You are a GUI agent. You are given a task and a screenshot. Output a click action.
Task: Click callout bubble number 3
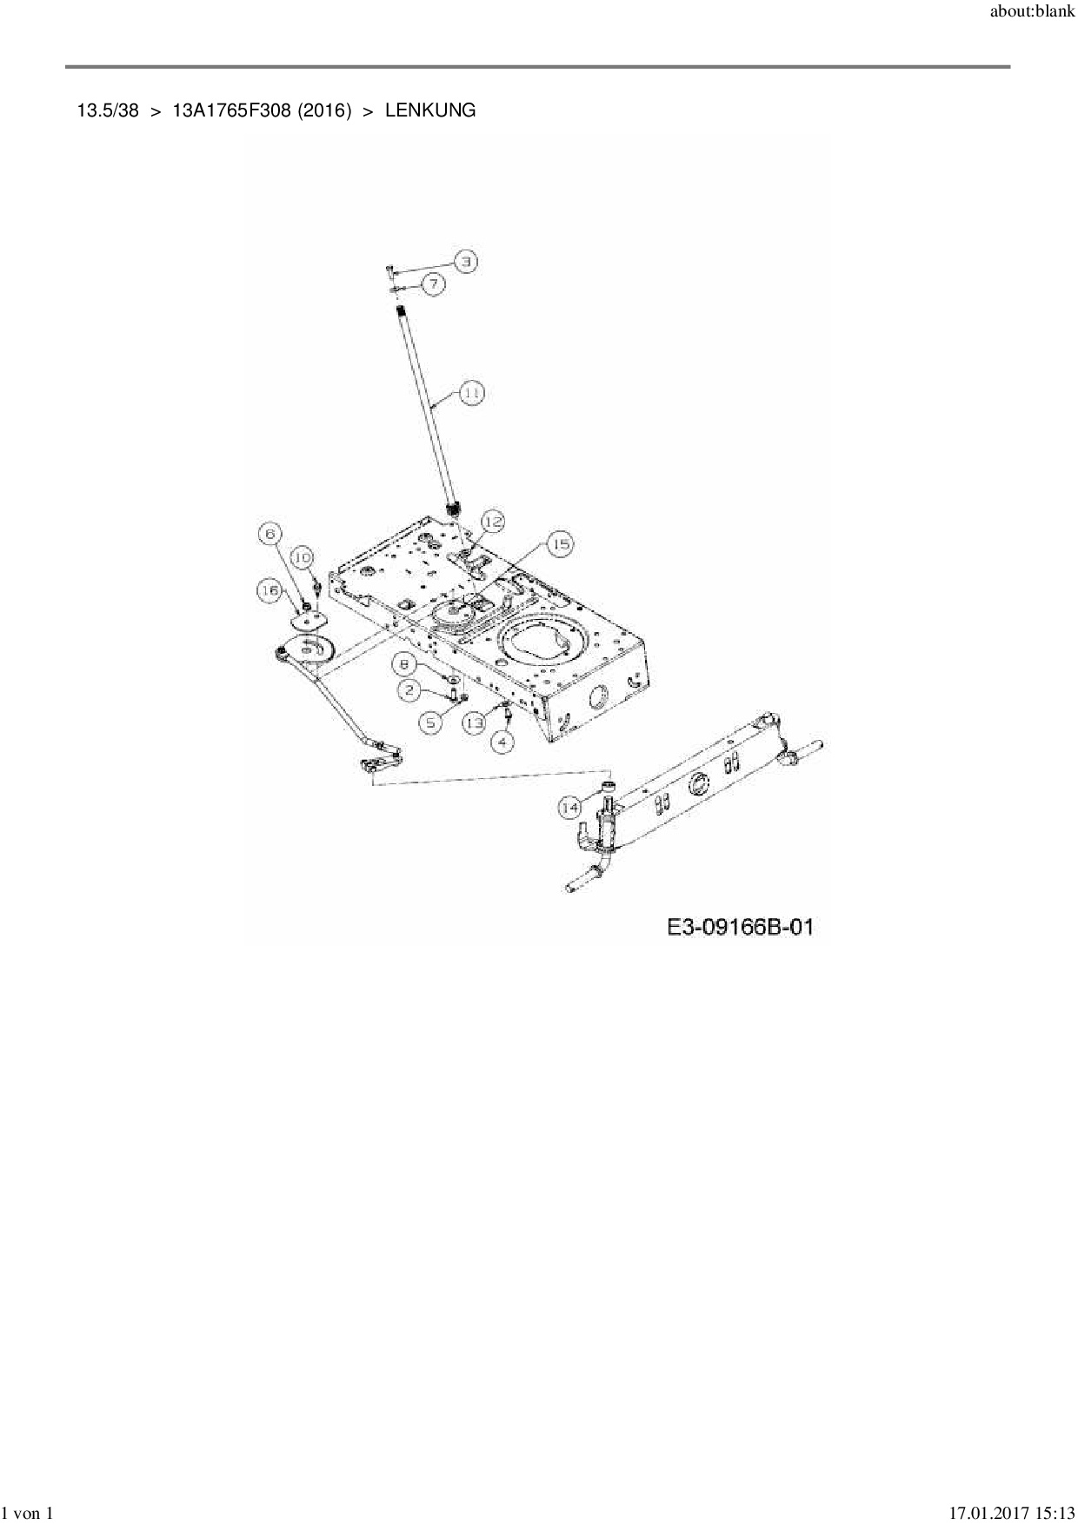coord(466,261)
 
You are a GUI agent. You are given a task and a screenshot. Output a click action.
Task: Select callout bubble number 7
coord(435,283)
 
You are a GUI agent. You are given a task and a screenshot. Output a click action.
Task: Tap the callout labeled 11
coord(470,393)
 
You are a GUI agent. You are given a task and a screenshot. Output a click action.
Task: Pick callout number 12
coord(493,522)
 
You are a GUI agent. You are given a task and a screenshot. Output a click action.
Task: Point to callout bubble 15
coord(561,545)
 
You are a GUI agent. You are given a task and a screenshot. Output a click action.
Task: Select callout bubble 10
coord(302,557)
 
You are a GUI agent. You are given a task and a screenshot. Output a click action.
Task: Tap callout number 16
coord(269,591)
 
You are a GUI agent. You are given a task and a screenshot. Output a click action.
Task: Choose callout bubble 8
coord(404,664)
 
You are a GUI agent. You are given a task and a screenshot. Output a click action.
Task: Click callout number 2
coord(409,690)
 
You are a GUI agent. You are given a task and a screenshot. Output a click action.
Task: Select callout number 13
coord(474,723)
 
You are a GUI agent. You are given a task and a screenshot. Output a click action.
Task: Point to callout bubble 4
coord(502,742)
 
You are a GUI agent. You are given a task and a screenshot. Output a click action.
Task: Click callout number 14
coord(569,808)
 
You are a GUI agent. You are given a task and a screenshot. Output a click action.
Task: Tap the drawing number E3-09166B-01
coord(740,927)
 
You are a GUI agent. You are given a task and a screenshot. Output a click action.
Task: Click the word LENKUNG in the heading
coord(430,110)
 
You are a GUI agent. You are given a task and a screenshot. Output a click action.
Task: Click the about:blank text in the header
coord(1032,14)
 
